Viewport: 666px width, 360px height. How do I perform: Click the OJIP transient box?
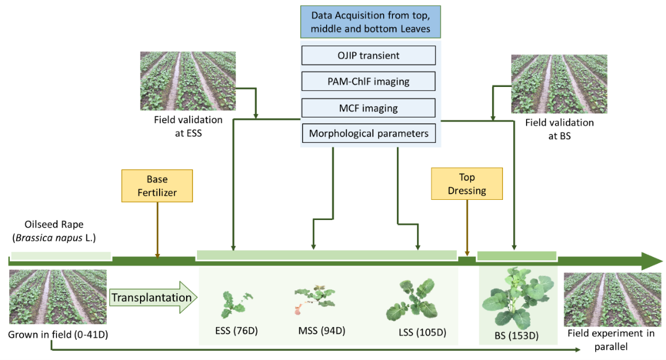pyautogui.click(x=368, y=56)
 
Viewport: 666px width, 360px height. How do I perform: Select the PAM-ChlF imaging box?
pyautogui.click(x=368, y=81)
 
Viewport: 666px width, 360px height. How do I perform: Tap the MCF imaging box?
pyautogui.click(x=368, y=108)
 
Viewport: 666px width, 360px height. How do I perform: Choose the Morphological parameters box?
pyautogui.click(x=368, y=134)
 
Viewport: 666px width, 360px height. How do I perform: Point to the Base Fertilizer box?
pyautogui.click(x=157, y=185)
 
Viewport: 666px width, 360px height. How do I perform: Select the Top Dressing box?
pyautogui.click(x=467, y=184)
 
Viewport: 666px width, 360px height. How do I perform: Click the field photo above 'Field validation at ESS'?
pyautogui.click(x=179, y=81)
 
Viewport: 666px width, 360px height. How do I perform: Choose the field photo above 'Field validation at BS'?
pyautogui.click(x=551, y=84)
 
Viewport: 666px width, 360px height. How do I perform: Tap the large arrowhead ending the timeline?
pyautogui.click(x=651, y=261)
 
